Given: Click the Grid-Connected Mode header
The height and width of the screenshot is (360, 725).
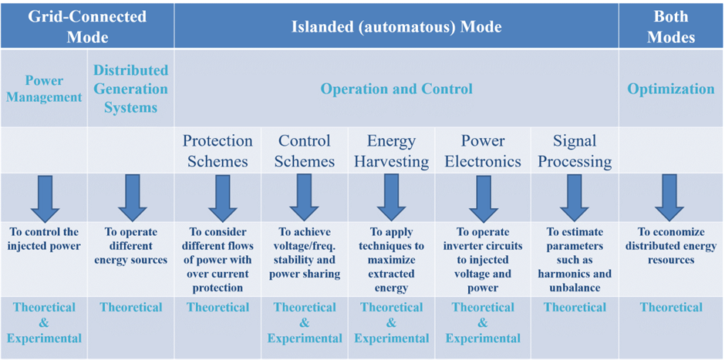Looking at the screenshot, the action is pyautogui.click(x=87, y=26).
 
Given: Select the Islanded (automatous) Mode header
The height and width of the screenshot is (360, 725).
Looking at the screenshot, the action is pyautogui.click(x=396, y=27).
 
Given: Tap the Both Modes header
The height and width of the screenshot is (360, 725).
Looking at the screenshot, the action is pyautogui.click(x=671, y=26).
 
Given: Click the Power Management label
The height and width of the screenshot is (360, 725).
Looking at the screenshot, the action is pyautogui.click(x=44, y=89).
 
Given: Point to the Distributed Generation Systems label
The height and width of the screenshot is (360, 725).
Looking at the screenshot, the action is pyautogui.click(x=131, y=89).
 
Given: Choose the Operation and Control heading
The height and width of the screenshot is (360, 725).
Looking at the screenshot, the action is pyautogui.click(x=396, y=89).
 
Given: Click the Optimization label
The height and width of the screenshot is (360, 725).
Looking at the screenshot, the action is pyautogui.click(x=671, y=89).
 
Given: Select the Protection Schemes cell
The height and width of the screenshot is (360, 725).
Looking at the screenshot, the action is pyautogui.click(x=217, y=150).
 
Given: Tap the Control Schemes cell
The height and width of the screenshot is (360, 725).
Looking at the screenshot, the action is pyautogui.click(x=305, y=150).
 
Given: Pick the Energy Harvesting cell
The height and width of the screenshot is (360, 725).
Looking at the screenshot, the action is pyautogui.click(x=392, y=150).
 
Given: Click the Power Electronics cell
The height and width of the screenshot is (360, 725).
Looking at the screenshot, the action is pyautogui.click(x=483, y=150).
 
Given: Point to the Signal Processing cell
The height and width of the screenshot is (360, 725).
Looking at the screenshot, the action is pyautogui.click(x=575, y=150).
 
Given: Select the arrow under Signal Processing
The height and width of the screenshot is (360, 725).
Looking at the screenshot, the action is pyautogui.click(x=575, y=198).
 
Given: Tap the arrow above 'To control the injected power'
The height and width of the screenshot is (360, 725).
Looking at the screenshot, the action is pyautogui.click(x=45, y=198).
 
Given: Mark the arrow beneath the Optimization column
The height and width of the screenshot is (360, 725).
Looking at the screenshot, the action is pyautogui.click(x=669, y=198).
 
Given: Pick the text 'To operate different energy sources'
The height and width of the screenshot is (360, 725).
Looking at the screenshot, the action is pyautogui.click(x=131, y=246).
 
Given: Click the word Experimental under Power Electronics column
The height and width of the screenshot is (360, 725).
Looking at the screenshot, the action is pyautogui.click(x=483, y=338).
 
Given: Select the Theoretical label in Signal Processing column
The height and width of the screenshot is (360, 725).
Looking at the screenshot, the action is pyautogui.click(x=575, y=308).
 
